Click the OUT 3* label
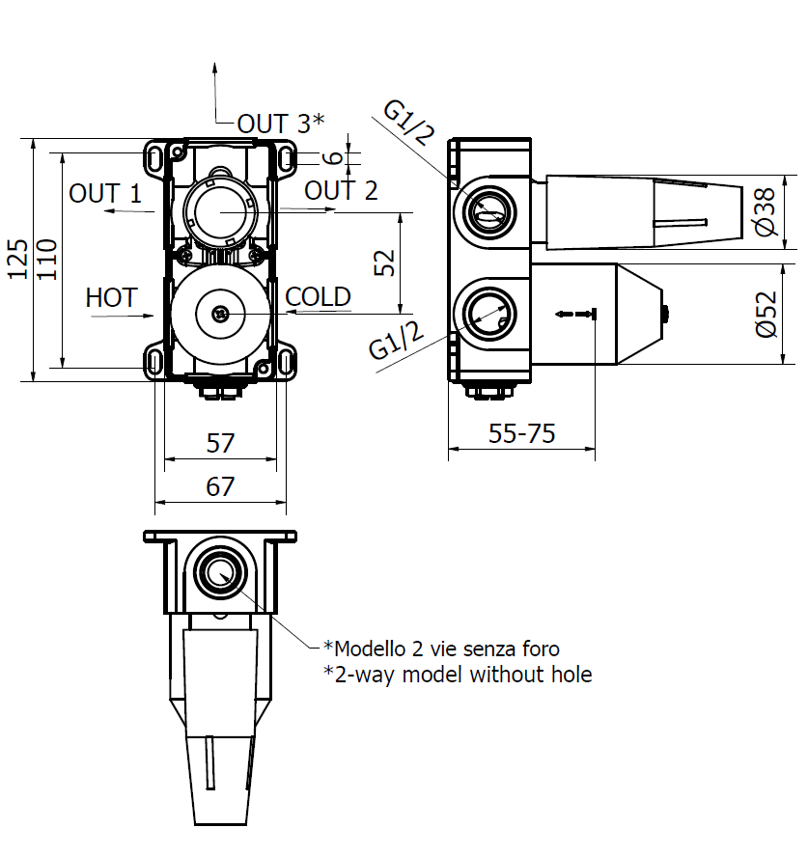(x=281, y=124)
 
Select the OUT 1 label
(x=105, y=193)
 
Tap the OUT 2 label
(x=341, y=190)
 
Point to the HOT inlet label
(x=111, y=297)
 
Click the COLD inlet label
(x=318, y=297)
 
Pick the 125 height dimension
(x=17, y=260)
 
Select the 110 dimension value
(x=47, y=260)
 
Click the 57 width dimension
(x=220, y=443)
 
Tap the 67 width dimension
(x=220, y=486)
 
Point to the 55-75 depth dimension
(x=521, y=434)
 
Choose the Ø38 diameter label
(x=766, y=211)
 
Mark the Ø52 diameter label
(x=766, y=314)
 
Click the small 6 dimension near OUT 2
(x=332, y=158)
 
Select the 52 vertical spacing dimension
(x=384, y=262)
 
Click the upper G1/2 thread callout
(x=409, y=123)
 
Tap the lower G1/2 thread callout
(x=397, y=341)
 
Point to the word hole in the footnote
(x=571, y=675)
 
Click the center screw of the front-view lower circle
(x=220, y=314)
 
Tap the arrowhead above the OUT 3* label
(x=214, y=68)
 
